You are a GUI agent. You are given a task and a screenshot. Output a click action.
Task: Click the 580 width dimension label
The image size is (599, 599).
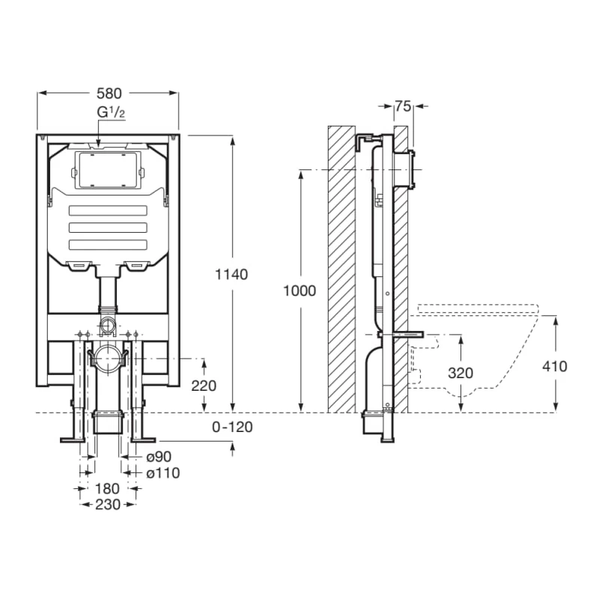[x=109, y=93]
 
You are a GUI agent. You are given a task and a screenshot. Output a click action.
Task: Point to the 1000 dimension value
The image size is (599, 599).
[x=300, y=291]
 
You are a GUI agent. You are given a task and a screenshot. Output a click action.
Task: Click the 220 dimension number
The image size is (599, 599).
[x=204, y=386]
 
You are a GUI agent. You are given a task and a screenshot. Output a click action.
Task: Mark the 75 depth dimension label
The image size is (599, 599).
[x=403, y=107]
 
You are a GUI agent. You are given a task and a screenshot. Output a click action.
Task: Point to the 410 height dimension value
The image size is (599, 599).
[x=555, y=366]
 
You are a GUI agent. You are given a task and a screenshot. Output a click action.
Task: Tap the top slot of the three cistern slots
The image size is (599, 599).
[x=109, y=210]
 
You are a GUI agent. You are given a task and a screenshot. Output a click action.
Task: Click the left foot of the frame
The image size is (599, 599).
[x=73, y=434]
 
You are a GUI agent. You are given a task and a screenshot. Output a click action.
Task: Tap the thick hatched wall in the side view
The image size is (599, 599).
[x=341, y=270]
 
